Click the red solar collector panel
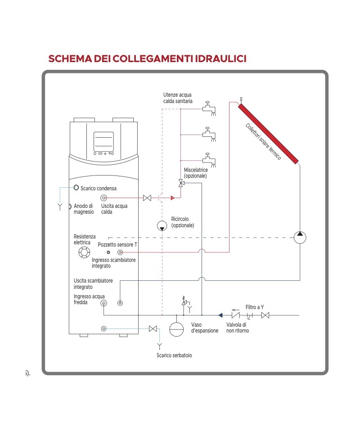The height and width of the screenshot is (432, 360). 269,134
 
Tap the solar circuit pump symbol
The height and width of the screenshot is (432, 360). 300,237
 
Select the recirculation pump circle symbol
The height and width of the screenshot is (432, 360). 162,226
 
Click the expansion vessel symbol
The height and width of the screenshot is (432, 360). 176,328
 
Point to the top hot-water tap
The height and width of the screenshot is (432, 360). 208,107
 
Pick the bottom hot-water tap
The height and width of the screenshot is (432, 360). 208,158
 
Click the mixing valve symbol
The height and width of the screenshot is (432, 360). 180,183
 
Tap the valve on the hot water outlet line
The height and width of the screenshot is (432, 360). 147,198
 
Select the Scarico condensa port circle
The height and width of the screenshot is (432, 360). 76,188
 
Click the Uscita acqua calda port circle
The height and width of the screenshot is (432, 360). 103,198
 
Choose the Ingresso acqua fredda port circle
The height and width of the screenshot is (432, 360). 103,303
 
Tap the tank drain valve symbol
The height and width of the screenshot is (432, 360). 153,328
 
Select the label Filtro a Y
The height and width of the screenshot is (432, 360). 255,307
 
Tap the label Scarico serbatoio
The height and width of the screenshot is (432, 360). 174,355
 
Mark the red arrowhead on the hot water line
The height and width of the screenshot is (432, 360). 172,198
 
